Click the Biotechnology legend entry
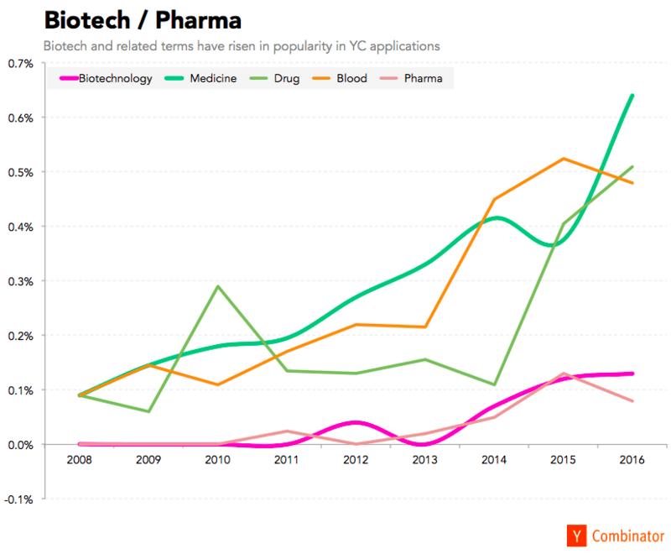(106, 78)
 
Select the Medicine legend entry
(200, 78)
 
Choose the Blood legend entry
(340, 78)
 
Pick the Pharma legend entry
(411, 78)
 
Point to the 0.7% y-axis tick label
(20, 64)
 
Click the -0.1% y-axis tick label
(18, 499)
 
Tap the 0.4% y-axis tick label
(20, 227)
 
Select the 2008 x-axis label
(79, 460)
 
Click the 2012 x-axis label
(356, 460)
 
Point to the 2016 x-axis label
(632, 460)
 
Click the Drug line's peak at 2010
(218, 286)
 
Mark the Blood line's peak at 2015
(563, 159)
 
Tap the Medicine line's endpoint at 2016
(632, 95)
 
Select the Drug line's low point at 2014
(494, 384)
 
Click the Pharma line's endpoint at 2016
(632, 401)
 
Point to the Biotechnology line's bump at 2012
(356, 422)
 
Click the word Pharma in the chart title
(199, 20)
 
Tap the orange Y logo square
(577, 536)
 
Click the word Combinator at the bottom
(628, 536)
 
